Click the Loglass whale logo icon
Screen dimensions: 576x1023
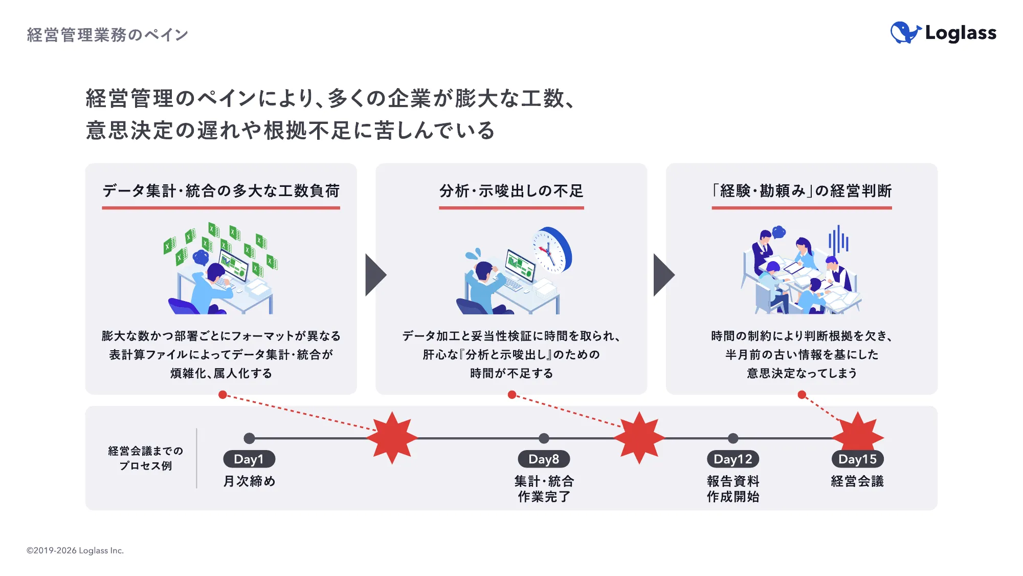tap(905, 33)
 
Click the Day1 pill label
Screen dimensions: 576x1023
tap(249, 459)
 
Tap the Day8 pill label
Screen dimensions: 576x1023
tap(543, 459)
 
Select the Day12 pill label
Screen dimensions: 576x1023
tap(732, 459)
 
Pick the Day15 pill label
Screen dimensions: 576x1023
tap(857, 459)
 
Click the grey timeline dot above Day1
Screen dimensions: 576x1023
tap(249, 438)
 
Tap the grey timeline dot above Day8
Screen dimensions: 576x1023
tap(544, 438)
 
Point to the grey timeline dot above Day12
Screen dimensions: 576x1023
tap(733, 438)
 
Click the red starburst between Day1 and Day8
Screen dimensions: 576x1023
tap(392, 438)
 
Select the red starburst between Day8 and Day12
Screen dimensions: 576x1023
tap(639, 438)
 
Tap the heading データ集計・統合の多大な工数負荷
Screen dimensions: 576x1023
tap(221, 191)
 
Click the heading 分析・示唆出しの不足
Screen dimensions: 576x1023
tap(511, 191)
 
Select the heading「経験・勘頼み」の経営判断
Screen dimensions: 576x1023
tap(802, 191)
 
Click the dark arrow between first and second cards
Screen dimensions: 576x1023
tap(374, 275)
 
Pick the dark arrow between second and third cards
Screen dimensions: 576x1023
tap(663, 275)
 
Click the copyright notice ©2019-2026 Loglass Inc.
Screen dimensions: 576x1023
tap(75, 550)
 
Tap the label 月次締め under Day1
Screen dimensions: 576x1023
tap(249, 481)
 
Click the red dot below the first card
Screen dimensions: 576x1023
tap(223, 395)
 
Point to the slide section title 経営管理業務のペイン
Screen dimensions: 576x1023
tap(107, 35)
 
